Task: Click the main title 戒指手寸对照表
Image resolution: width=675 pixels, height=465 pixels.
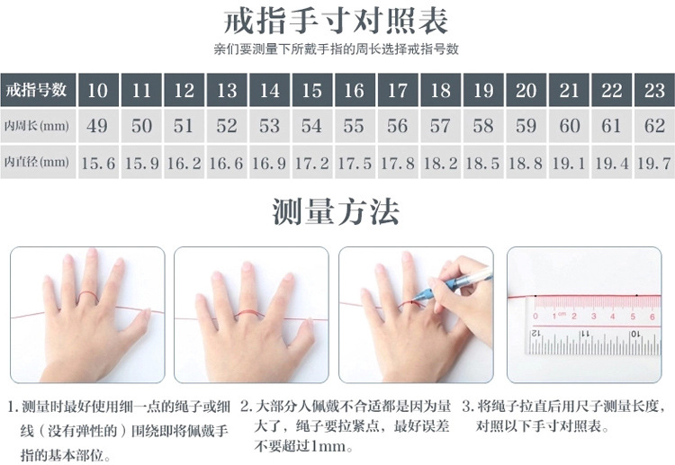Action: pos(337,22)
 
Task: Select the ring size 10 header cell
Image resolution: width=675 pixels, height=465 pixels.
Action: pos(98,90)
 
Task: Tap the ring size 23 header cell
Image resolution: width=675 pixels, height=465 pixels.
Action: pos(654,90)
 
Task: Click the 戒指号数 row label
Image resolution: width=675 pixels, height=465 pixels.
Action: pos(38,90)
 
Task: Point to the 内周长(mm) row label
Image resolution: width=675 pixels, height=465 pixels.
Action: pos(38,126)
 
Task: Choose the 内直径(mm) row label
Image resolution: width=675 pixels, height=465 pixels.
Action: pos(38,162)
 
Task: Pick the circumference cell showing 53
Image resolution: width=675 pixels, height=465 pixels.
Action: pos(269,126)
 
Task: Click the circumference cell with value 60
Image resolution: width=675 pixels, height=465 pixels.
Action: pos(569,126)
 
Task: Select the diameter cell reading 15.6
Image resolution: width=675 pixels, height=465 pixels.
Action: pos(98,163)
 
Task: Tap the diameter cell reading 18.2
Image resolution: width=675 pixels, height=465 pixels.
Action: pos(441,163)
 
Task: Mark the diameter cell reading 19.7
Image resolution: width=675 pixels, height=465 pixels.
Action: pos(654,163)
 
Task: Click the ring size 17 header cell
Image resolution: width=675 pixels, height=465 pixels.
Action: pos(398,90)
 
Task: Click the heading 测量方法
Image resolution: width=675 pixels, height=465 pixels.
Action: pos(336,211)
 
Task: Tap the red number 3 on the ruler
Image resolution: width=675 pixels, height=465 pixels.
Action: pos(594,317)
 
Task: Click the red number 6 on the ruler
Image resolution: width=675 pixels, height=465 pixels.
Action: pos(652,317)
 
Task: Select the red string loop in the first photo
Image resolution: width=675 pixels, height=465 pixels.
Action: pos(88,298)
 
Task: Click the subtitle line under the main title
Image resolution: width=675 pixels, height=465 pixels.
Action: pos(337,49)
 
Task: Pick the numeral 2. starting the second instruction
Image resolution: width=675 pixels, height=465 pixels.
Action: pos(246,406)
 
